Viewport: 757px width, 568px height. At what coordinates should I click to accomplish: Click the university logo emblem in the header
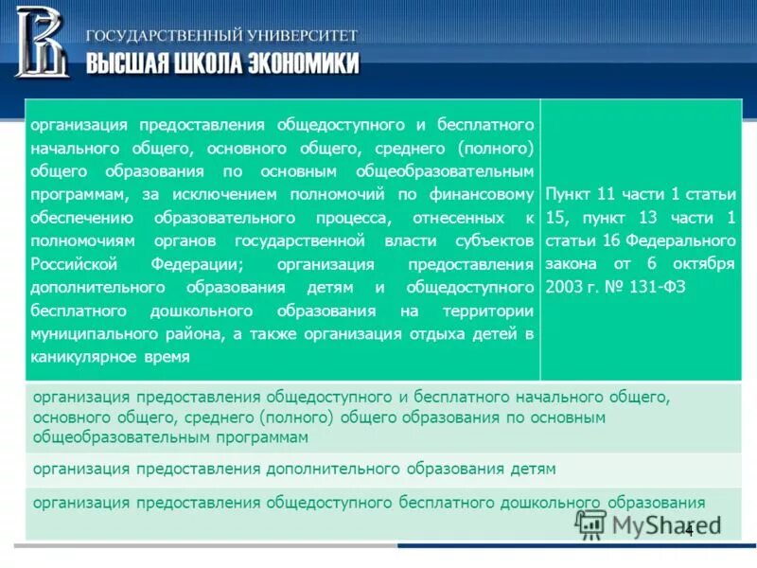pos(41,42)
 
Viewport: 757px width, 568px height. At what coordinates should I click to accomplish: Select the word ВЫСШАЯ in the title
pos(126,63)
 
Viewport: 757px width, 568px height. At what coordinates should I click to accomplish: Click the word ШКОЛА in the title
pos(207,63)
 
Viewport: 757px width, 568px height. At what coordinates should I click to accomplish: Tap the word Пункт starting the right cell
pos(568,194)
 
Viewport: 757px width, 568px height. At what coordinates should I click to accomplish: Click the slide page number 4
pos(689,530)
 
